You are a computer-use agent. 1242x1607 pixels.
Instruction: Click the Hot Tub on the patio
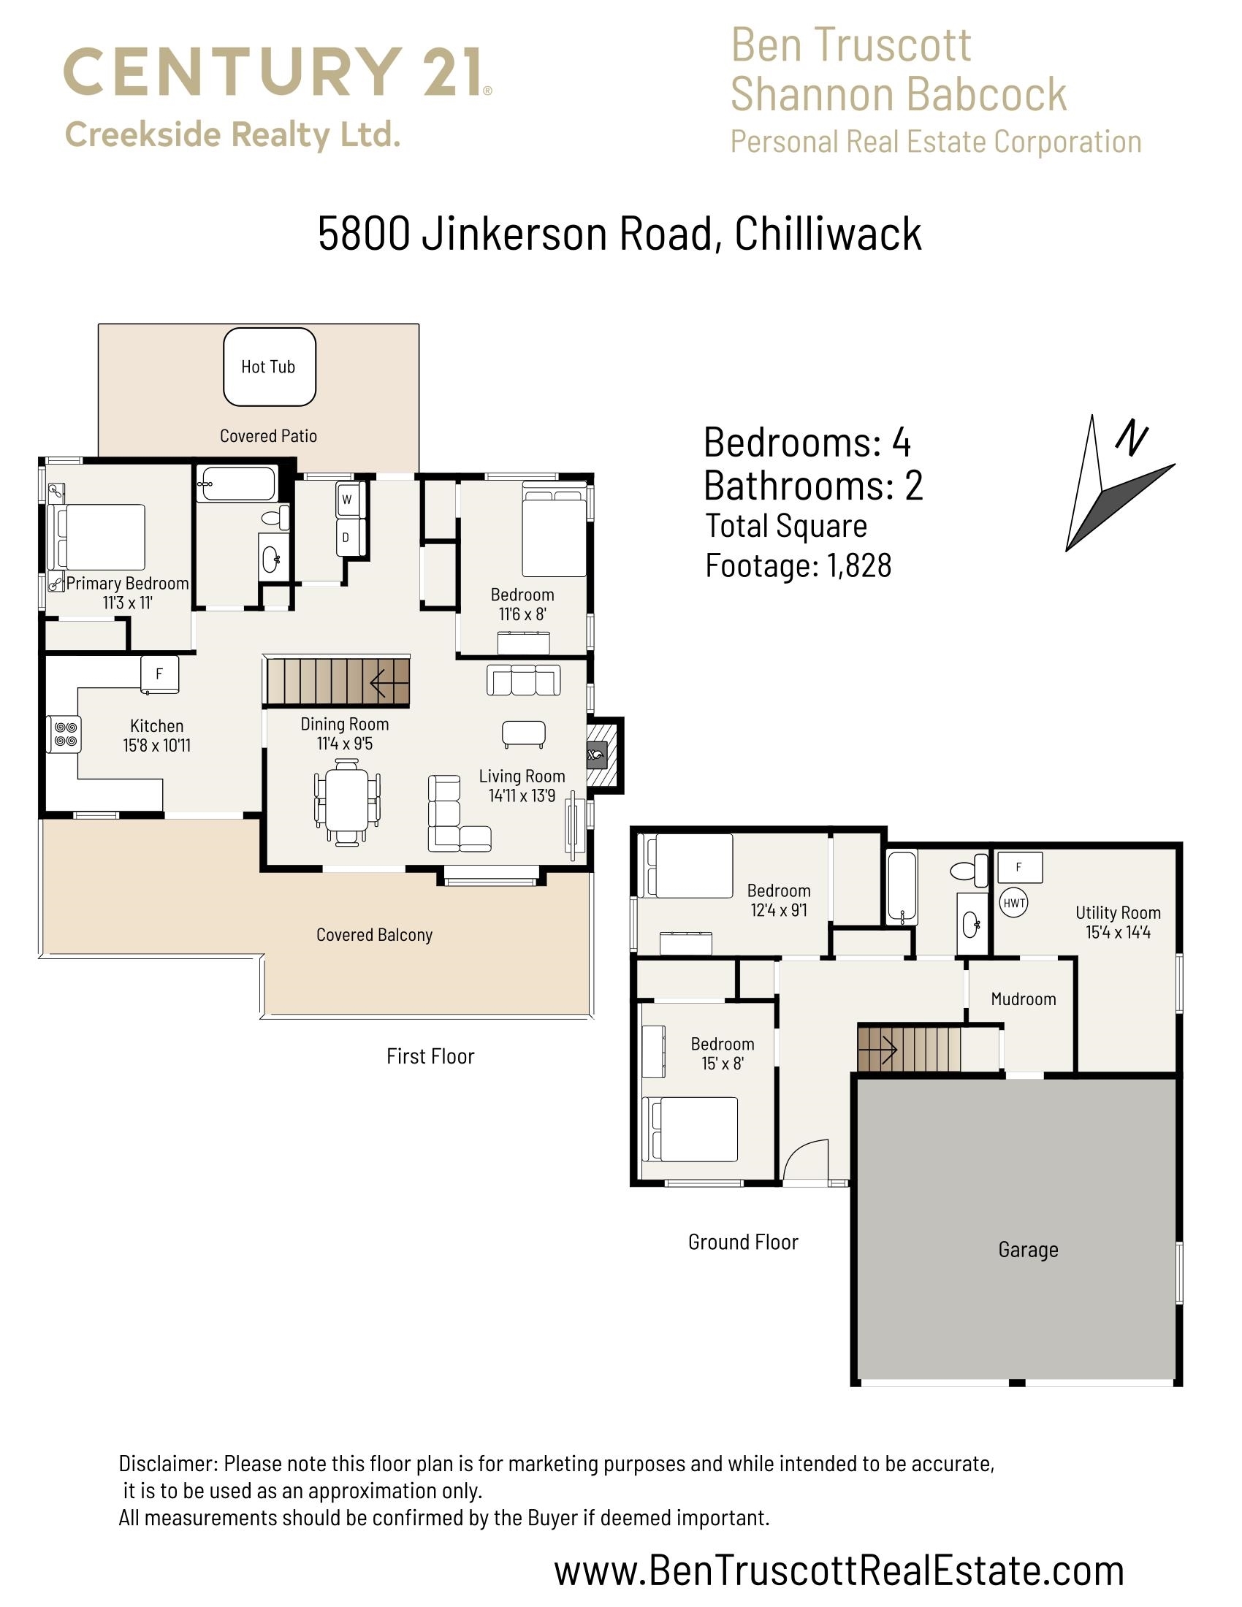coord(270,367)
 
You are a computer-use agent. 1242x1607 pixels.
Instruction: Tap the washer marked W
coord(346,500)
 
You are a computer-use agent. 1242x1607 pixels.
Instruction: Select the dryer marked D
coord(346,537)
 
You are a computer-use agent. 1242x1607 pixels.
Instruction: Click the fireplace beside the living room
coord(596,755)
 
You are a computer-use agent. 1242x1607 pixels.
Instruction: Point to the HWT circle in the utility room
coord(1014,903)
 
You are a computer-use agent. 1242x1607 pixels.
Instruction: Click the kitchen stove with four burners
coord(64,734)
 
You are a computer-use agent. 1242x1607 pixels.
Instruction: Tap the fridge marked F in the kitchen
coord(160,674)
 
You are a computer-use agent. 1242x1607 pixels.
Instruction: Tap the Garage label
coord(1028,1249)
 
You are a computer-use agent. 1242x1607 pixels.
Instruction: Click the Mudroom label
coord(1023,999)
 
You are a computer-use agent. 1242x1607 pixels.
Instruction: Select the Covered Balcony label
coord(374,934)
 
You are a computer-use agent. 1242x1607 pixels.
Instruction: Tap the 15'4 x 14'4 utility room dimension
coord(1118,932)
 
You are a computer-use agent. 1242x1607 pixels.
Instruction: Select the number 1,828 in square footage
coord(858,565)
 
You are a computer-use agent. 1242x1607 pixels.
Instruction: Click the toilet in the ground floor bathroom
coord(970,871)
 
